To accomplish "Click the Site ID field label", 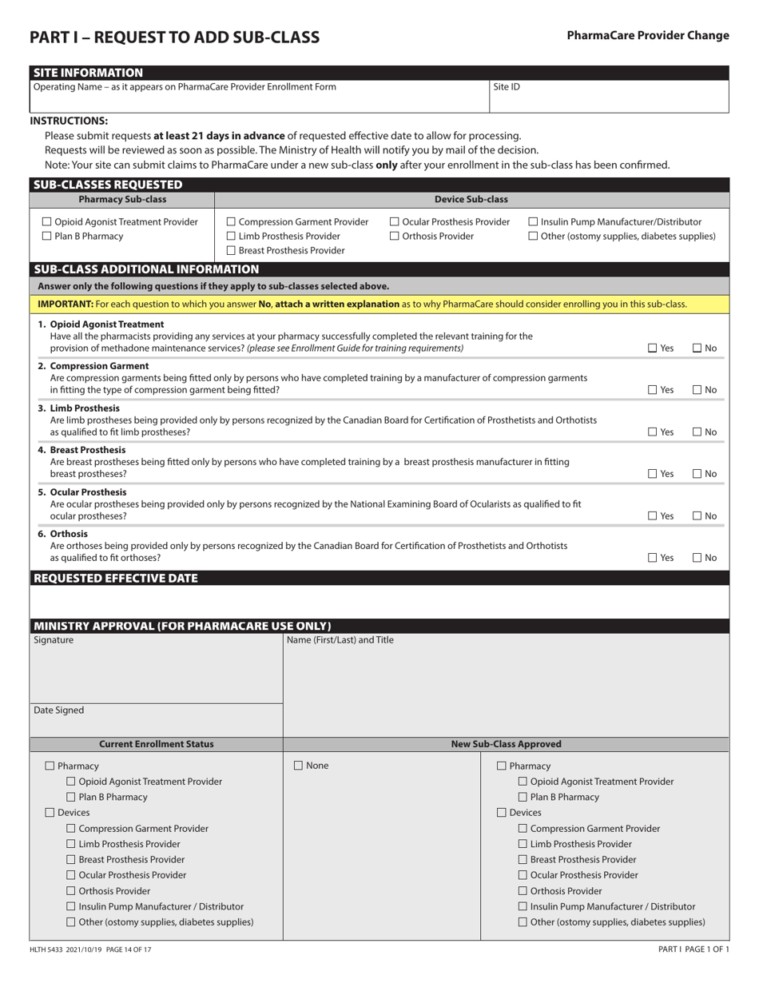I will [507, 87].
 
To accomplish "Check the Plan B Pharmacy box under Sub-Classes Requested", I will [46, 237].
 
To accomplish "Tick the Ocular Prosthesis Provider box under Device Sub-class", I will [394, 222].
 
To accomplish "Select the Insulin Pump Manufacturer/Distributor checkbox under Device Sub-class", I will [533, 222].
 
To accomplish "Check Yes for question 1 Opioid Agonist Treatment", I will [653, 348].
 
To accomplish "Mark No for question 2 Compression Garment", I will [697, 390].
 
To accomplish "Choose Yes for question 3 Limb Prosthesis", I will [653, 432].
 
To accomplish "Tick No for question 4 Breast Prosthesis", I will [697, 474].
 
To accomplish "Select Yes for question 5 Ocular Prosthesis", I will [653, 516].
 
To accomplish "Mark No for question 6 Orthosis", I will [697, 558].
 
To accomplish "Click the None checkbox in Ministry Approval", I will [298, 766].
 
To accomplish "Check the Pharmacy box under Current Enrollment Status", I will [50, 766].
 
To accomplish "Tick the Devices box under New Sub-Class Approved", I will [502, 813].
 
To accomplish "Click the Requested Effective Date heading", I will [115, 579].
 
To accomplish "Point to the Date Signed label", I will [58, 710].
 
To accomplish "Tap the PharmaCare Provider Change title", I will [647, 35].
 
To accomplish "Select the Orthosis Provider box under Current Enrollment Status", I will [70, 891].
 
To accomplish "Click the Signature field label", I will [54, 640].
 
